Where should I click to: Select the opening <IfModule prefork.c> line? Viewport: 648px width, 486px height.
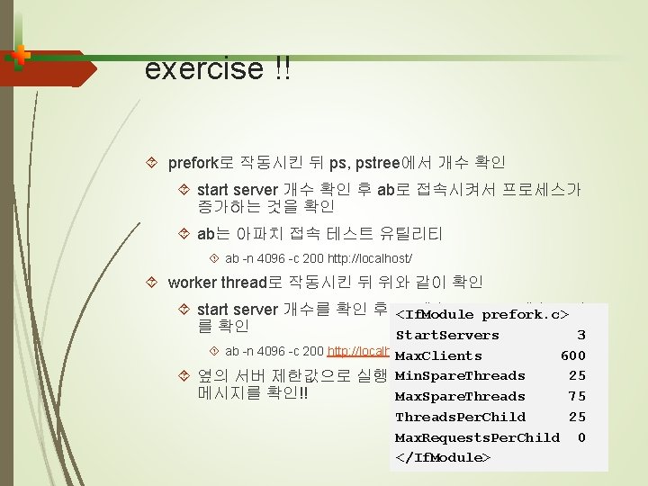point(482,314)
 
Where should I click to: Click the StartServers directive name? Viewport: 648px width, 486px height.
point(447,335)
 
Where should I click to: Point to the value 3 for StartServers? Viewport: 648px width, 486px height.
point(581,335)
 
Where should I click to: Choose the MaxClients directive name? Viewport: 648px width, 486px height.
point(438,355)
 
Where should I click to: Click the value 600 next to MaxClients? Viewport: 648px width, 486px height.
point(573,355)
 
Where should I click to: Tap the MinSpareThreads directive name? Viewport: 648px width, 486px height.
point(460,375)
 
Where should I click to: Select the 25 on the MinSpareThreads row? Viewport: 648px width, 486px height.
point(577,375)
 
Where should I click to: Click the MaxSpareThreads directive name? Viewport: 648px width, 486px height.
point(460,396)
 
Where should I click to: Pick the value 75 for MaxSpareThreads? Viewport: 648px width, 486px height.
point(577,396)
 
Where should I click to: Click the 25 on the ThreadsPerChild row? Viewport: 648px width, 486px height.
point(577,417)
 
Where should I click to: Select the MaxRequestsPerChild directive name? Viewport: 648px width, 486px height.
point(477,437)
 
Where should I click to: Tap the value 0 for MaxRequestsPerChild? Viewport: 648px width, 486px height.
point(581,437)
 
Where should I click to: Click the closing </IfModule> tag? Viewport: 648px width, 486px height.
point(443,457)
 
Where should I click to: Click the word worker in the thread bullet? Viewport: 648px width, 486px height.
point(192,282)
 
